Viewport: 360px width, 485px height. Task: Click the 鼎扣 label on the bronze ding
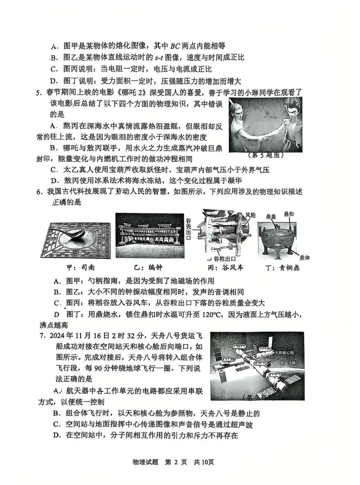point(289,214)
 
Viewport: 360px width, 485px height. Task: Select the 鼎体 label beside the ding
point(304,257)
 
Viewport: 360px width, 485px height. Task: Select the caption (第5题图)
point(266,155)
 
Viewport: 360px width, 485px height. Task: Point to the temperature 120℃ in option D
point(212,314)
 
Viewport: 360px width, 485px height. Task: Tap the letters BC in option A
point(175,46)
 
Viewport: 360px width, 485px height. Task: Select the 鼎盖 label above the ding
point(271,217)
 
